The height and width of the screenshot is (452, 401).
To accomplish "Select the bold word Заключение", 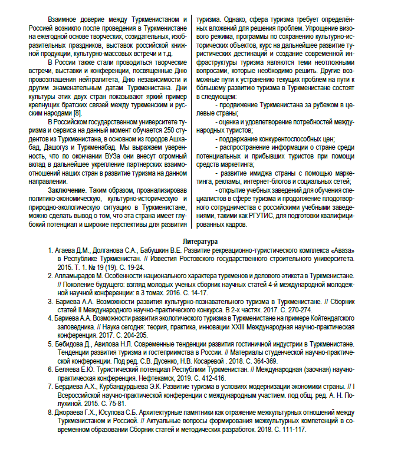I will pyautogui.click(x=67, y=192).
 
